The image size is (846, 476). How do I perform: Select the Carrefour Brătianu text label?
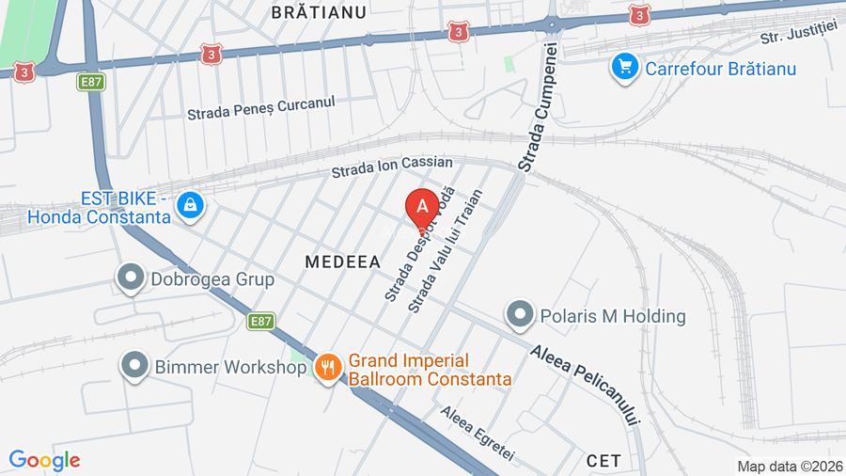[720, 68]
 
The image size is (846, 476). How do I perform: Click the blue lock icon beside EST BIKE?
[190, 205]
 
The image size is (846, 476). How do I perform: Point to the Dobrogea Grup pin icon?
[128, 278]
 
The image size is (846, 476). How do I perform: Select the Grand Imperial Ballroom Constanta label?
[430, 370]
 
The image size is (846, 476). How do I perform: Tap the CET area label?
[603, 460]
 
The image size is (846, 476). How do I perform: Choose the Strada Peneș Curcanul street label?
[260, 109]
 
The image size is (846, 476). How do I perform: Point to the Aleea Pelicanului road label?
[585, 385]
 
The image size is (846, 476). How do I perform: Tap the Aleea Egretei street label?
[478, 433]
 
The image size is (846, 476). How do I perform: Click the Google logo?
[44, 460]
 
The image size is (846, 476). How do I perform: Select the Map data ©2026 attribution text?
[790, 466]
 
